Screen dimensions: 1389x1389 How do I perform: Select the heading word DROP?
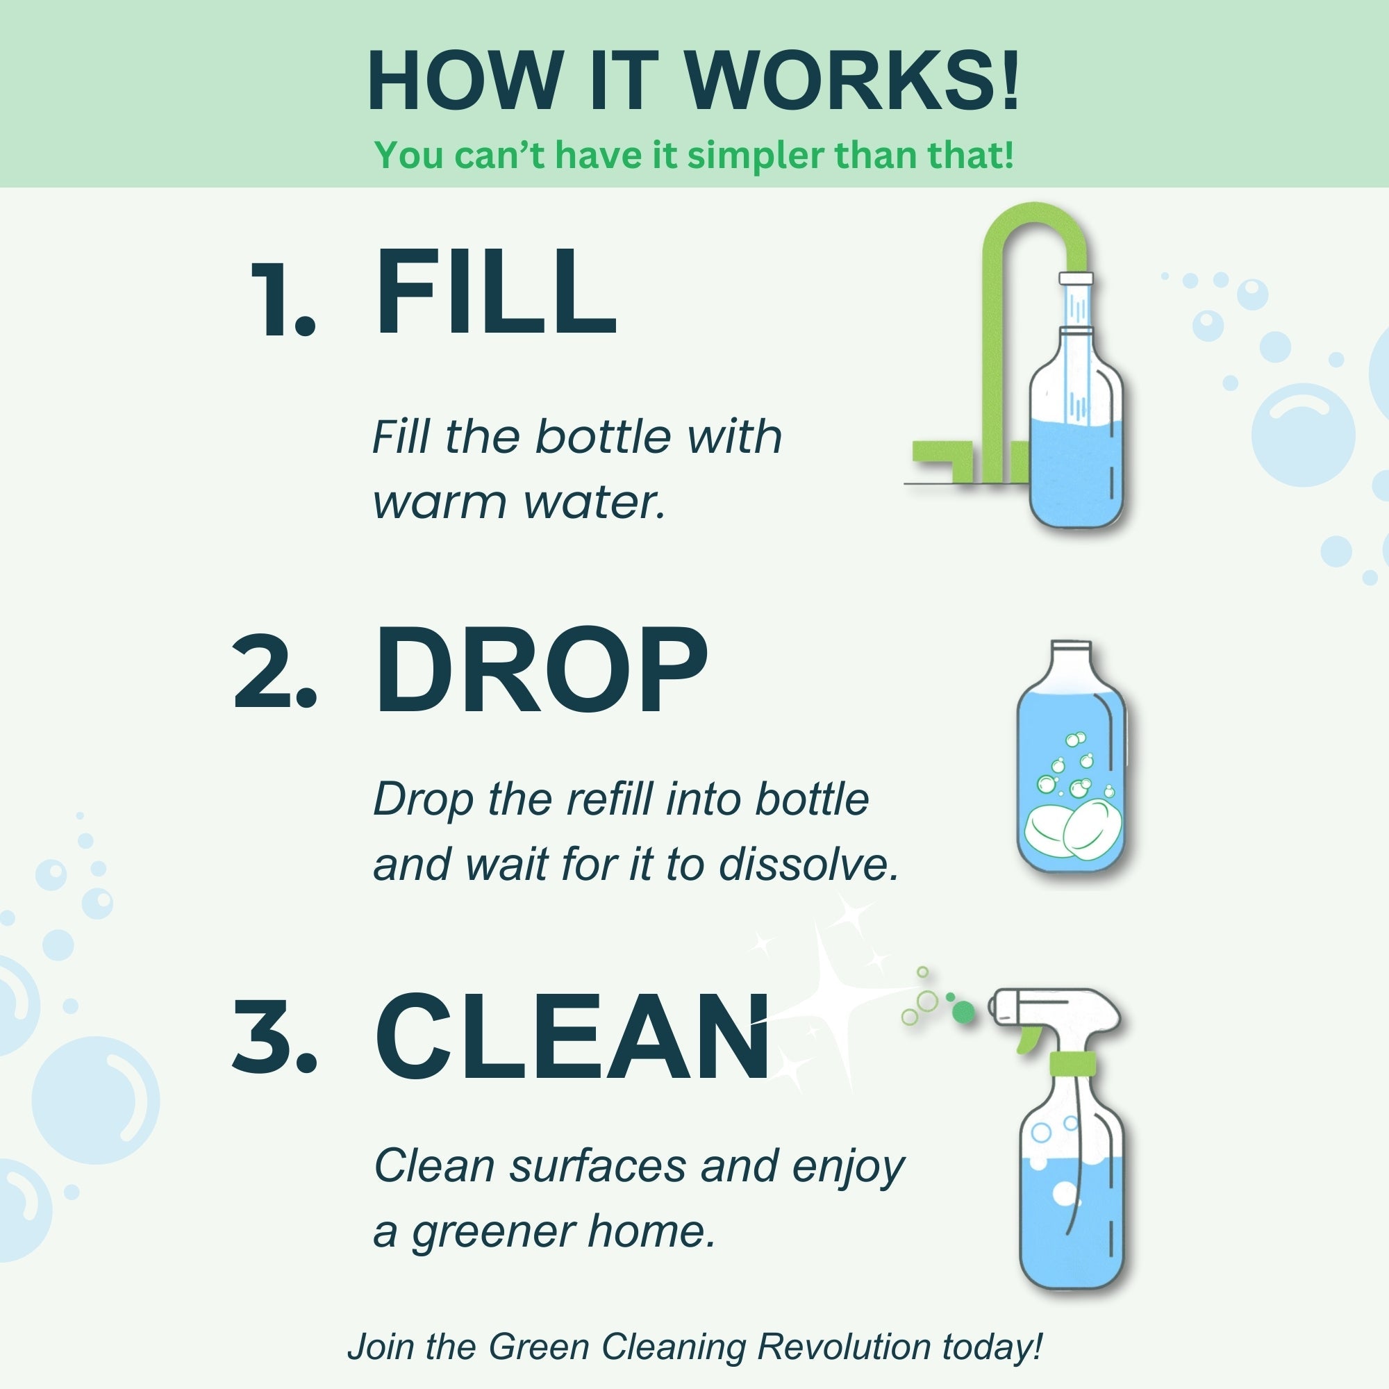[x=540, y=670]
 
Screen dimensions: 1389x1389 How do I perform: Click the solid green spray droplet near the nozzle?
[x=963, y=1013]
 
